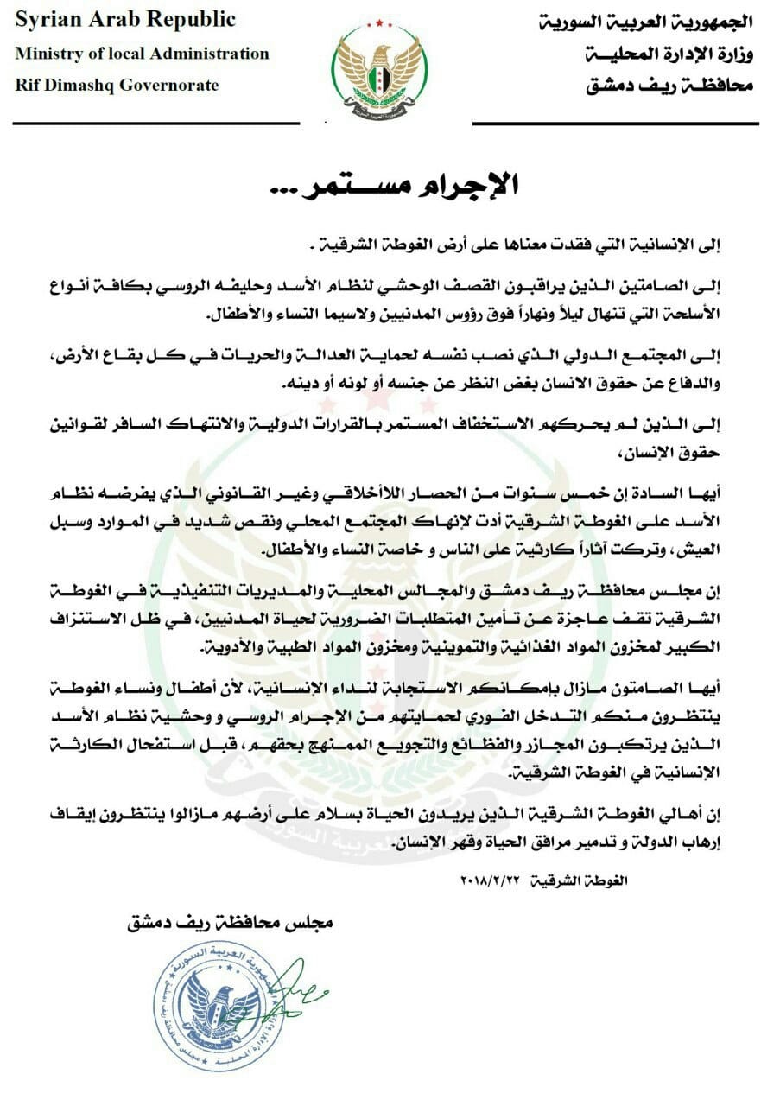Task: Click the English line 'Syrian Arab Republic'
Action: click(x=125, y=20)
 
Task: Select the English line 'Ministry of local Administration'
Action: click(x=143, y=54)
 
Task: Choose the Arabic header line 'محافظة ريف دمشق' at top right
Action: click(x=664, y=86)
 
